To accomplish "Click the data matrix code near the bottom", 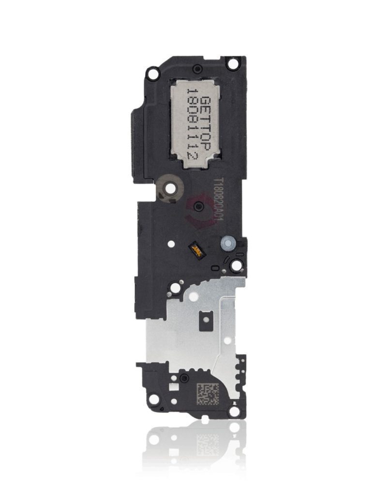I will point(207,394).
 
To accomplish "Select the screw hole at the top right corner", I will point(233,63).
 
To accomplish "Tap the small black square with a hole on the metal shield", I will point(206,319).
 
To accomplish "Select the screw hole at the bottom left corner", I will point(153,399).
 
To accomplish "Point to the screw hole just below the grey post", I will point(236,265).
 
